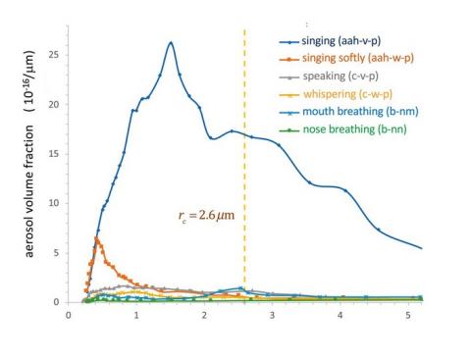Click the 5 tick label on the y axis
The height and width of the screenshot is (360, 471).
tap(59, 252)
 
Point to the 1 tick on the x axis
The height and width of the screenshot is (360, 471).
tap(136, 316)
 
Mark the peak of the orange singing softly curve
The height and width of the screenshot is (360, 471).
tap(96, 237)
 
